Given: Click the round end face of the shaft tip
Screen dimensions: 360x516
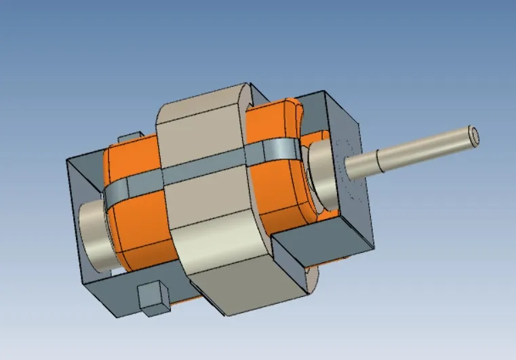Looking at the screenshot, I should point(473,136).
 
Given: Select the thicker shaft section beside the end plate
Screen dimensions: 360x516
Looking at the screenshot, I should point(363,165).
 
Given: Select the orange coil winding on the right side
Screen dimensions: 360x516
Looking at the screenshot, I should point(278,183).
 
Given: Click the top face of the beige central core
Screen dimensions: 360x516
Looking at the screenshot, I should point(203,102).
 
